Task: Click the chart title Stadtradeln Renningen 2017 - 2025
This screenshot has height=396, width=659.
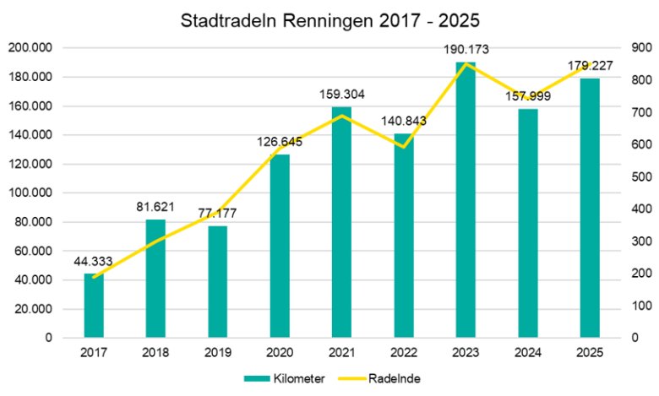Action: click(329, 20)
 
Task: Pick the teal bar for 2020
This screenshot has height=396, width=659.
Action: click(280, 246)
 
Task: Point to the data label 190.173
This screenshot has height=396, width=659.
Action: click(466, 49)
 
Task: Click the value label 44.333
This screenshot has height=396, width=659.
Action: click(94, 260)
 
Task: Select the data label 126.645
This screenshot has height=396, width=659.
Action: click(280, 141)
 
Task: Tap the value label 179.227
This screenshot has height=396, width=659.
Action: click(590, 65)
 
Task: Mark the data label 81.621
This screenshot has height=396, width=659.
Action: click(155, 206)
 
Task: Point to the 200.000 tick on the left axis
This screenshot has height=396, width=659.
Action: click(30, 48)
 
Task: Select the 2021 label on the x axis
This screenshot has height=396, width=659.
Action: click(341, 351)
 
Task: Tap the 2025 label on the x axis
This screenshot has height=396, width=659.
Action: click(590, 351)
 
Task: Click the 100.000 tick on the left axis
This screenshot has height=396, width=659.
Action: click(30, 193)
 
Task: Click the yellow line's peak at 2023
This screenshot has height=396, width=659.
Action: click(466, 63)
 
